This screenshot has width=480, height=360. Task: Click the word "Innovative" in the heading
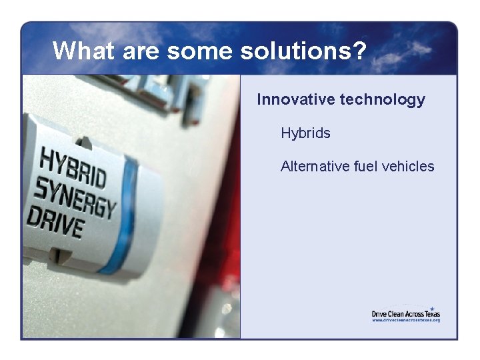click(295, 99)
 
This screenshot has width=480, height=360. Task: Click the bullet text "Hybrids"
click(305, 133)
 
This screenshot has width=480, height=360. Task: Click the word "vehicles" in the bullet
click(408, 166)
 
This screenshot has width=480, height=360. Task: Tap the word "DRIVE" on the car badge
click(55, 223)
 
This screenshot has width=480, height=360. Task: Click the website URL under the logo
click(405, 320)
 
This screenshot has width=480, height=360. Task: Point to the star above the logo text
click(432, 308)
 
